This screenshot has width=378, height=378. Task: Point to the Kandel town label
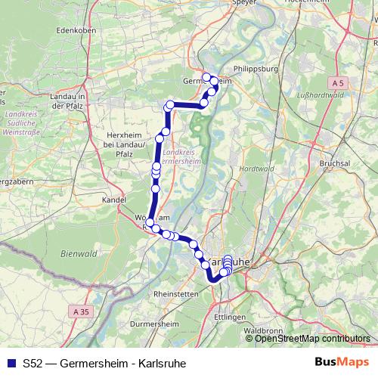click(x=113, y=200)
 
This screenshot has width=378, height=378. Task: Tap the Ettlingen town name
click(x=231, y=317)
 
